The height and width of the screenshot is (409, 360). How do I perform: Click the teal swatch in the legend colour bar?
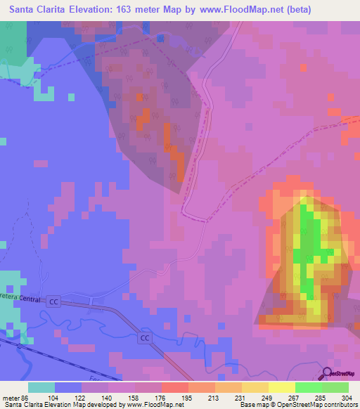[x=41, y=387]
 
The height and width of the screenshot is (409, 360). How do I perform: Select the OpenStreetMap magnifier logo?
[x=328, y=373]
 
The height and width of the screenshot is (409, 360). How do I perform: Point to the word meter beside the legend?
[x=10, y=398]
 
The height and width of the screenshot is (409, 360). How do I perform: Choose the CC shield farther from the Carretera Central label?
[x=145, y=338]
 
